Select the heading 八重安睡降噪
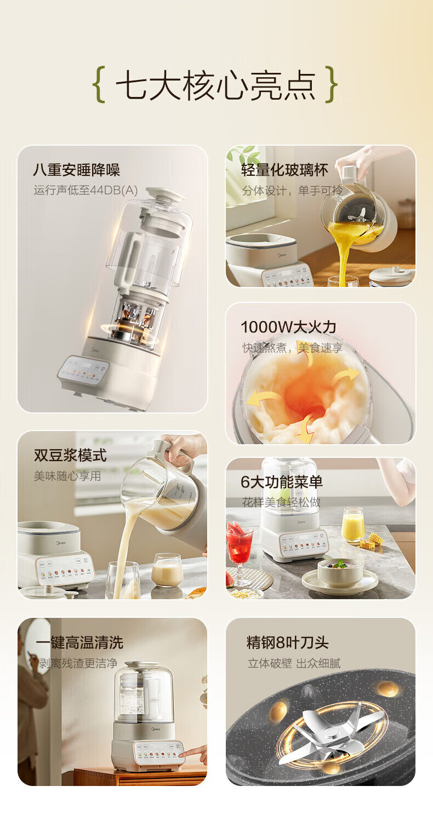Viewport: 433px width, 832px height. [76, 170]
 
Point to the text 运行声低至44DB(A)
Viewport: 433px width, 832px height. [86, 191]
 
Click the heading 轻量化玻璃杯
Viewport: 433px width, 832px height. [284, 170]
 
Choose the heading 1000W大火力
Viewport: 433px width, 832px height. [288, 327]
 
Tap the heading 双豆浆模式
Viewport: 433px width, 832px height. [70, 455]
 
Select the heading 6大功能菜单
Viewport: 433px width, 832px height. [282, 481]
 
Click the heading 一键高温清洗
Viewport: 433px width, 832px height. [79, 642]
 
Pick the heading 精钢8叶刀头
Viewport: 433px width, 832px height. [288, 642]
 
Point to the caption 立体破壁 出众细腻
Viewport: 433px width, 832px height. [294, 663]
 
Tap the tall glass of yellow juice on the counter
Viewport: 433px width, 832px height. [352, 525]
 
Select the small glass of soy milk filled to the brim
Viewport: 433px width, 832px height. [167, 571]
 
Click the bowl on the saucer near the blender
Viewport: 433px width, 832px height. [340, 572]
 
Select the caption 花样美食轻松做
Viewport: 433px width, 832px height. [281, 502]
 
